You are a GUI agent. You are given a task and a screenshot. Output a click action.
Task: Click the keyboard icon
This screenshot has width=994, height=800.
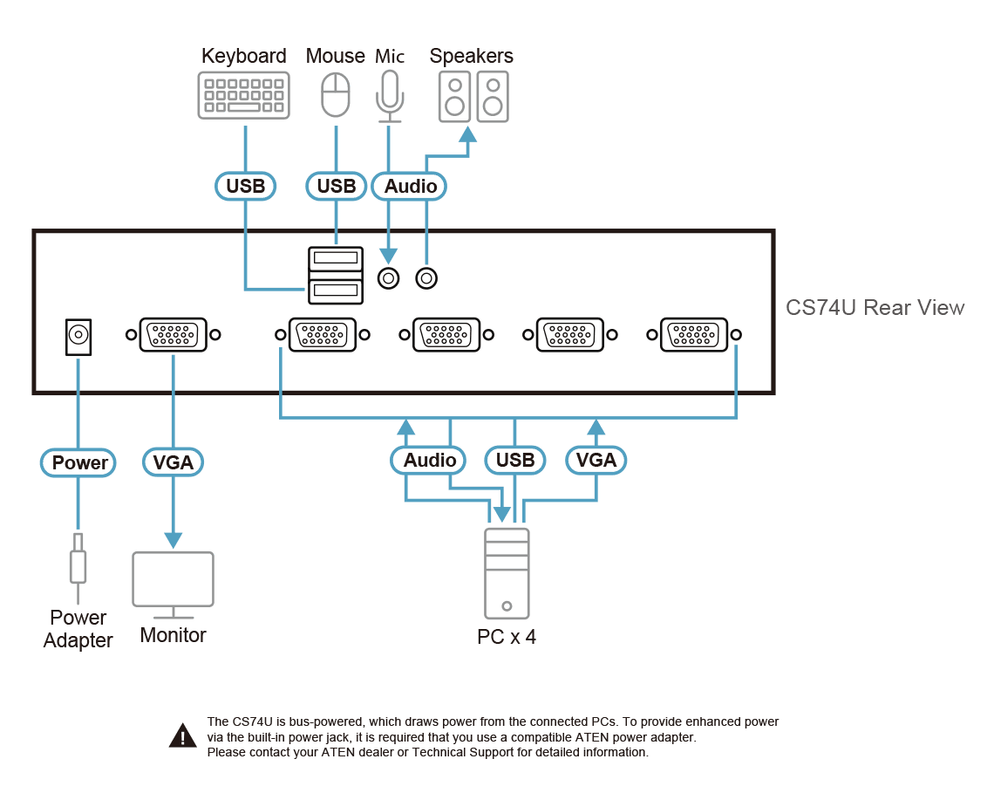click(x=243, y=95)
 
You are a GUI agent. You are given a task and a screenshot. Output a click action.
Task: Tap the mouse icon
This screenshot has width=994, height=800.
click(x=336, y=94)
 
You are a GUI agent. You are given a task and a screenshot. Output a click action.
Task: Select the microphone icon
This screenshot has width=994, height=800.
click(x=389, y=96)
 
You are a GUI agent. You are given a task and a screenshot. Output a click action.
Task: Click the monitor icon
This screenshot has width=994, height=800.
click(x=173, y=585)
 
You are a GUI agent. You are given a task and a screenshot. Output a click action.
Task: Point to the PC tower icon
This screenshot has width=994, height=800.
click(x=507, y=573)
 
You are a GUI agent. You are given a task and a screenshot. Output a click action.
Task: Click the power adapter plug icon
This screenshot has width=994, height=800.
click(x=78, y=566)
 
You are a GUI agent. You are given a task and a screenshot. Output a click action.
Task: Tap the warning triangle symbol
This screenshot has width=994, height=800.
click(x=182, y=736)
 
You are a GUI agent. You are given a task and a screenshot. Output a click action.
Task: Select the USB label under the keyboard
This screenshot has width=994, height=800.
click(x=245, y=187)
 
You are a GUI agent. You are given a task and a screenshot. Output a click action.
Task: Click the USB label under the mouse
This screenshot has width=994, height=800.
click(x=336, y=187)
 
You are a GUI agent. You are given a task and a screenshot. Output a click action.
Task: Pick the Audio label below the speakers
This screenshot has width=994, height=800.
click(x=410, y=187)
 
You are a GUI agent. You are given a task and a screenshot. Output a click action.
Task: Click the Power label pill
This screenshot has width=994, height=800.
click(x=78, y=462)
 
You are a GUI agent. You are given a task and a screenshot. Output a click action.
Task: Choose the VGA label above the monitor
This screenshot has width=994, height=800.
click(x=173, y=462)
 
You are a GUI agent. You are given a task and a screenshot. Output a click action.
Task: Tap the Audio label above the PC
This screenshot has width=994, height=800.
click(x=428, y=460)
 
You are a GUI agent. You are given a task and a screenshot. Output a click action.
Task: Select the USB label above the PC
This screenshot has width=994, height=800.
click(x=514, y=460)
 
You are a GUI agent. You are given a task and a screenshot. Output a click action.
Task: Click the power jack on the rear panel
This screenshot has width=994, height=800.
click(x=78, y=336)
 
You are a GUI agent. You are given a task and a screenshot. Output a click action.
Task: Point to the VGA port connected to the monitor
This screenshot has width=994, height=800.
click(x=173, y=334)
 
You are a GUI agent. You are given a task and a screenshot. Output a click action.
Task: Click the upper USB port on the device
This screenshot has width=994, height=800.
click(x=336, y=258)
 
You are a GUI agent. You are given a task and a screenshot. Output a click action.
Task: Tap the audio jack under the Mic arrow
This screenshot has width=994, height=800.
click(x=389, y=278)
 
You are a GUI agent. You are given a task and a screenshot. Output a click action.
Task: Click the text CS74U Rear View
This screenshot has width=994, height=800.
click(x=875, y=308)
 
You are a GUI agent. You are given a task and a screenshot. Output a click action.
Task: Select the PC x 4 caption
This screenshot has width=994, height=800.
click(x=507, y=636)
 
